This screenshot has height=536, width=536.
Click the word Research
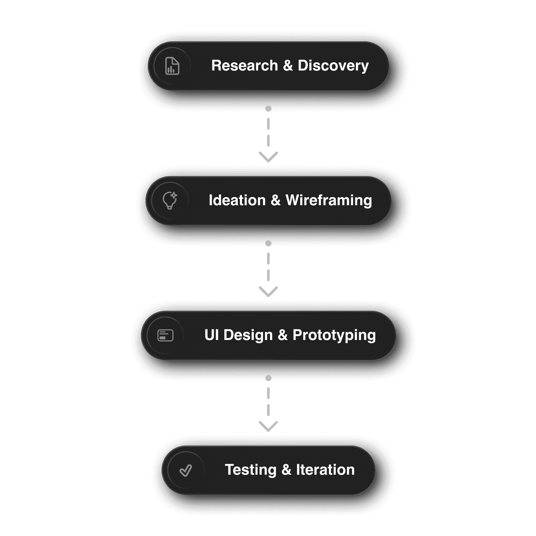click(244, 65)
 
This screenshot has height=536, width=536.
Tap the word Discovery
click(333, 66)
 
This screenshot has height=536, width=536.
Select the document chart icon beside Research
click(172, 66)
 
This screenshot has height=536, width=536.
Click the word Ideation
click(237, 200)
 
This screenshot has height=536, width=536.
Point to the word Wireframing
click(328, 201)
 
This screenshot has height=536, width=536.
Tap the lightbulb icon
click(170, 200)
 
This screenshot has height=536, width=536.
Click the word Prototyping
click(334, 335)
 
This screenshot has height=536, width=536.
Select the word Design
click(248, 335)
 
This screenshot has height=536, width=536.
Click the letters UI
click(211, 335)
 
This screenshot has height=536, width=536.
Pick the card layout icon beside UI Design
click(165, 335)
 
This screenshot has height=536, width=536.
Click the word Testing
click(250, 470)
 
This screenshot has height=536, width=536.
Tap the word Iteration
click(325, 470)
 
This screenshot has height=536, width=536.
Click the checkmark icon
click(186, 470)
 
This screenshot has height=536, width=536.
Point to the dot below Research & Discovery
click(268, 109)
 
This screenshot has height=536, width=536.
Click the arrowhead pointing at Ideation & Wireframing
click(268, 157)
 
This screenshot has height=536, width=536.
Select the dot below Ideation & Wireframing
click(268, 243)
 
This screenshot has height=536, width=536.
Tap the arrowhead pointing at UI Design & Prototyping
click(268, 292)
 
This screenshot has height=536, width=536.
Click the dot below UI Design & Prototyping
click(268, 378)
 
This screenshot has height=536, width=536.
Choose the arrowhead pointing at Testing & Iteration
click(268, 427)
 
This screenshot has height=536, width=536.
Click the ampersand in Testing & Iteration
click(286, 470)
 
